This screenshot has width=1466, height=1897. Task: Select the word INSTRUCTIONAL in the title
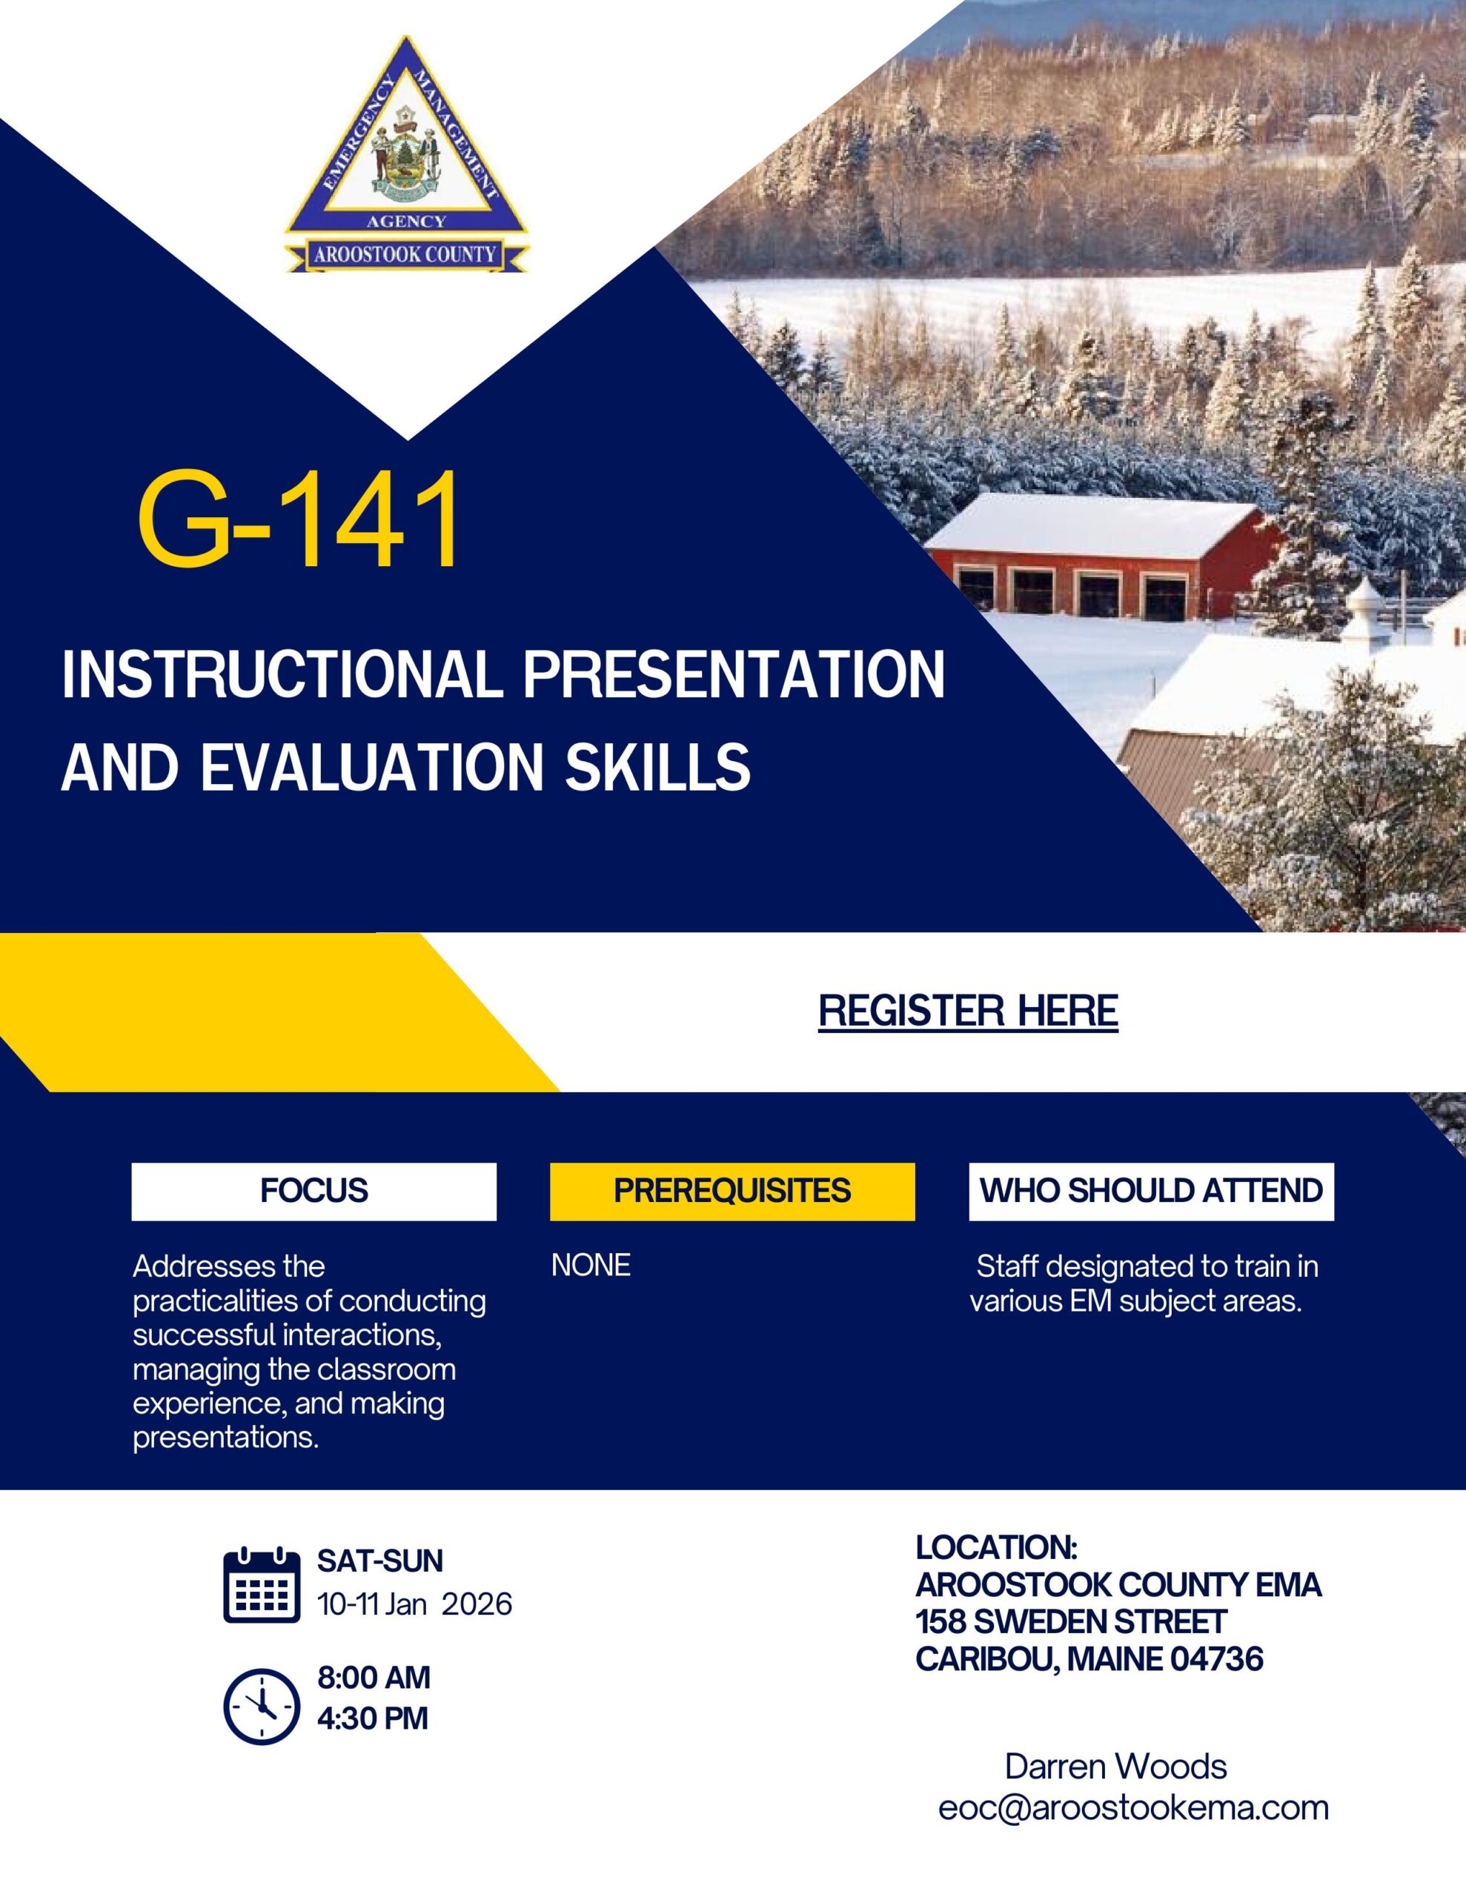tap(283, 676)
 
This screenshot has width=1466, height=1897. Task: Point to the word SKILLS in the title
tap(658, 767)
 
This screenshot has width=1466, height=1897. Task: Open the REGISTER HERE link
tap(968, 1011)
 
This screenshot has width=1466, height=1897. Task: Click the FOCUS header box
tap(314, 1191)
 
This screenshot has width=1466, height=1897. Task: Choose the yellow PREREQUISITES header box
tap(732, 1191)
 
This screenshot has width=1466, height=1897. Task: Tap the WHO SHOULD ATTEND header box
tap(1152, 1191)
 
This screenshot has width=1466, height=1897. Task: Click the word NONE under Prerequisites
tap(591, 1266)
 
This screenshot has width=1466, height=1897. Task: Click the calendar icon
tap(262, 1584)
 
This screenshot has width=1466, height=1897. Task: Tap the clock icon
tap(262, 1707)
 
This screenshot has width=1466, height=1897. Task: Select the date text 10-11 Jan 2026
tap(414, 1604)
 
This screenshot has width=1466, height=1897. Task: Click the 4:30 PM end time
tap(373, 1718)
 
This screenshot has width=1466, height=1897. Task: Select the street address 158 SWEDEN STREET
tap(1071, 1621)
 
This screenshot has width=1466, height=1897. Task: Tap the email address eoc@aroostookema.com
tap(1133, 1807)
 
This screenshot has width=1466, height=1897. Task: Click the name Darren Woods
tap(1115, 1766)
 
